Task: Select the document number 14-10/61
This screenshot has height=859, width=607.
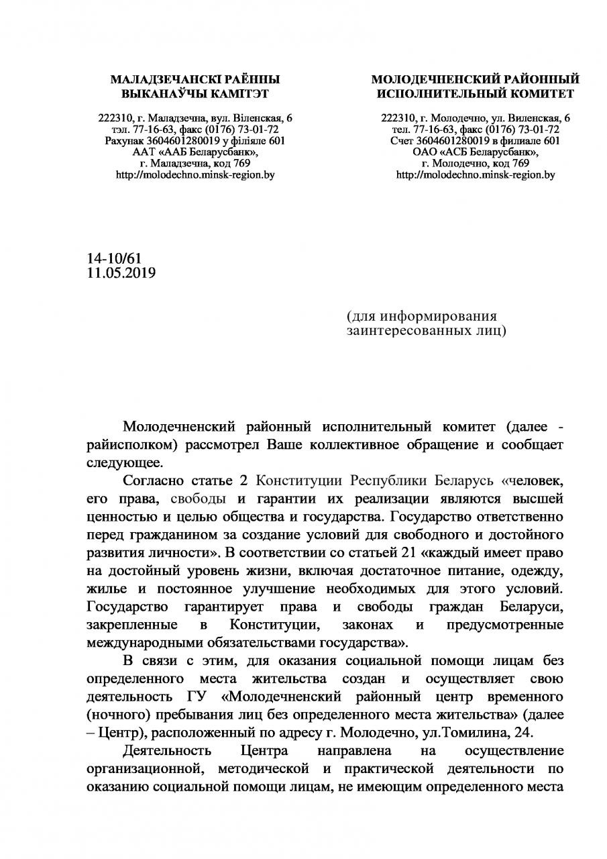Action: pyautogui.click(x=114, y=258)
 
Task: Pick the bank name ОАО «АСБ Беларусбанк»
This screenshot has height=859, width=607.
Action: pyautogui.click(x=476, y=152)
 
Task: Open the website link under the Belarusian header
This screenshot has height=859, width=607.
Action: pyautogui.click(x=195, y=174)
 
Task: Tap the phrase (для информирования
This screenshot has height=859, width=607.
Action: pyautogui.click(x=422, y=316)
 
